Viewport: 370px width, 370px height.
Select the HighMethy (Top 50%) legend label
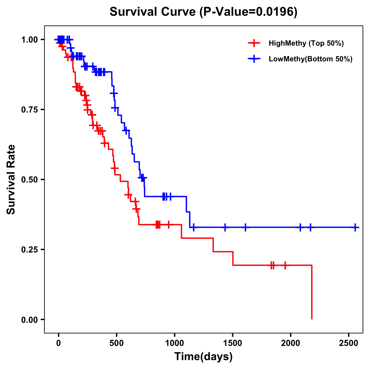click(x=306, y=43)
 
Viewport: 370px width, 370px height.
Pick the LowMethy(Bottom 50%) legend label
click(x=310, y=59)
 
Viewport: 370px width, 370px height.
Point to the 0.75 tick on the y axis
click(x=29, y=110)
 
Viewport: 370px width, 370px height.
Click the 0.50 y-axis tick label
click(x=29, y=180)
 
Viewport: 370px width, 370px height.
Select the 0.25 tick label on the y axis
click(x=29, y=250)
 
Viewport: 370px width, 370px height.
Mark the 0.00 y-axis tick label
click(x=29, y=320)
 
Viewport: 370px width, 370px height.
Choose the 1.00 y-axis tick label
click(x=29, y=40)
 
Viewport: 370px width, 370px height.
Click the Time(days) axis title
click(x=203, y=357)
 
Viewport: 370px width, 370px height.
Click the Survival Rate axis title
click(x=11, y=179)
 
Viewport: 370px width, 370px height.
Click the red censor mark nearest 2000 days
click(x=285, y=265)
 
